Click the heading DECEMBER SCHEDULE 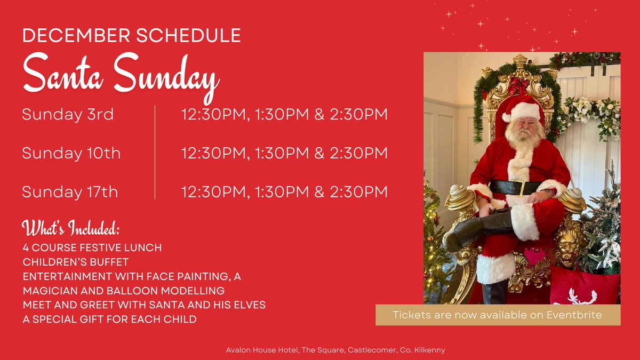point(131,36)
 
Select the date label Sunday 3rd point(68,115)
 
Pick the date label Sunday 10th point(71,154)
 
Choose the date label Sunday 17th point(70,191)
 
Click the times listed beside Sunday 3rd point(284,115)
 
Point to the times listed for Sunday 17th point(284,191)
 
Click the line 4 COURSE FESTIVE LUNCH point(92,248)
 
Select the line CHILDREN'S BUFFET point(76,262)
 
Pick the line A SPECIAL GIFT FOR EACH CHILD point(109,319)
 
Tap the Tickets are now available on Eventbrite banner point(498,315)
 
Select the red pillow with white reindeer point(586,289)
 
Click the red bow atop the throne point(518,86)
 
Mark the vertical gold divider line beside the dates point(155,153)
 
